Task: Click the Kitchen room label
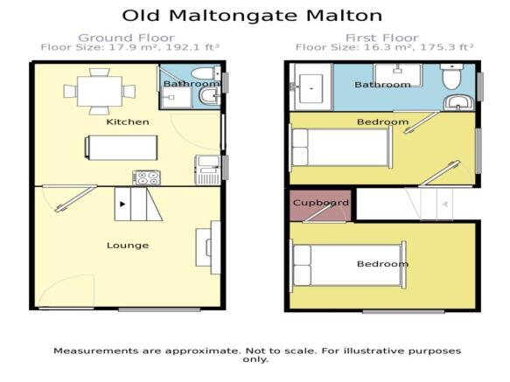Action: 128,122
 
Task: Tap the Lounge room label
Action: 128,246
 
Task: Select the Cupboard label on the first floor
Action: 321,203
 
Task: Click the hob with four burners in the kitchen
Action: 146,178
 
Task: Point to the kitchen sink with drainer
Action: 207,170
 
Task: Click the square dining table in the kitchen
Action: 100,92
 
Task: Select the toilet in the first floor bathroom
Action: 451,77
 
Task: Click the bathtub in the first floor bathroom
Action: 311,87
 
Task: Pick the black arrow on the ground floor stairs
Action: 122,205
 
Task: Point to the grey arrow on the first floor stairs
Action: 445,205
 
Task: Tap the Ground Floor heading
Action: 126,38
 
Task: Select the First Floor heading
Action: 382,38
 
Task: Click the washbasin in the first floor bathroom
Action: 458,103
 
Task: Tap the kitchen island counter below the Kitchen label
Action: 121,148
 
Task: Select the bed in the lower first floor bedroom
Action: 348,265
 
